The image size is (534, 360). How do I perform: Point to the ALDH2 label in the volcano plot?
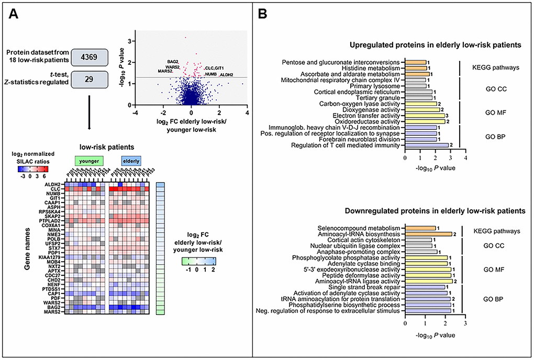pos(226,75)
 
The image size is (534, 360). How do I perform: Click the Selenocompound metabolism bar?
pos(420,228)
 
